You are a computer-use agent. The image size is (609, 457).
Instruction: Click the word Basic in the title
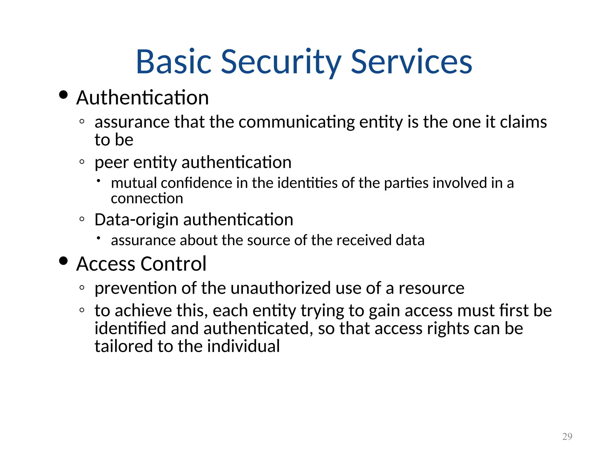click(x=174, y=62)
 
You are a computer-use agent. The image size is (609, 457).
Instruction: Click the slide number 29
click(x=567, y=436)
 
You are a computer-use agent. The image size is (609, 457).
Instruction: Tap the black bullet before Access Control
click(x=63, y=261)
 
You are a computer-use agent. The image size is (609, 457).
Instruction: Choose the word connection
click(x=147, y=198)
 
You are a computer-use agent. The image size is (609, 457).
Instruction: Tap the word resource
click(x=431, y=288)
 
